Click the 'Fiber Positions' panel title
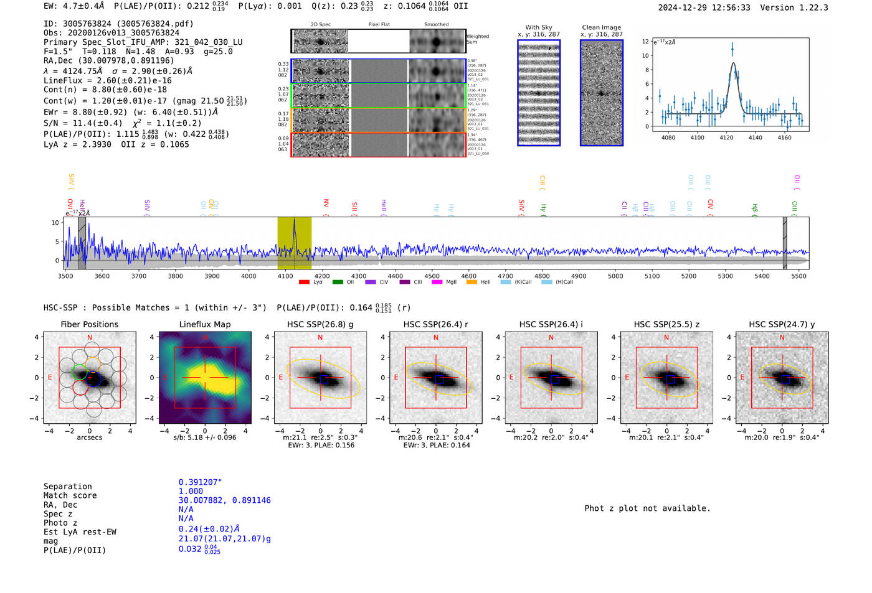pyautogui.click(x=89, y=324)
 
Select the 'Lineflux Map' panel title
pyautogui.click(x=205, y=324)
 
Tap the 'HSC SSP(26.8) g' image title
pyautogui.click(x=320, y=324)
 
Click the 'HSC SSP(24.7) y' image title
pyautogui.click(x=782, y=324)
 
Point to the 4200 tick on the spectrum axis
pyautogui.click(x=322, y=276)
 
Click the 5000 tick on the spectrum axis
pyautogui.click(x=615, y=276)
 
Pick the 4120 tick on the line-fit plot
pyautogui.click(x=726, y=138)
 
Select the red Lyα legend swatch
pyautogui.click(x=304, y=282)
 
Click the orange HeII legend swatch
pyautogui.click(x=472, y=282)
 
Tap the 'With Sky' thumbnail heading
pyautogui.click(x=539, y=27)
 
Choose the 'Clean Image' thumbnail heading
pyautogui.click(x=602, y=27)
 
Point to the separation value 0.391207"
pyautogui.click(x=200, y=482)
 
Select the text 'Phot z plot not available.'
pyautogui.click(x=647, y=508)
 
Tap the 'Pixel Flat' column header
pyautogui.click(x=379, y=24)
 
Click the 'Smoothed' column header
pyautogui.click(x=436, y=24)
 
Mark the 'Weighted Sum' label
pyautogui.click(x=477, y=39)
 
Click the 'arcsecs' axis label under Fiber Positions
pyautogui.click(x=89, y=437)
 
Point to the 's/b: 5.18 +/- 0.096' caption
pyautogui.click(x=205, y=437)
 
